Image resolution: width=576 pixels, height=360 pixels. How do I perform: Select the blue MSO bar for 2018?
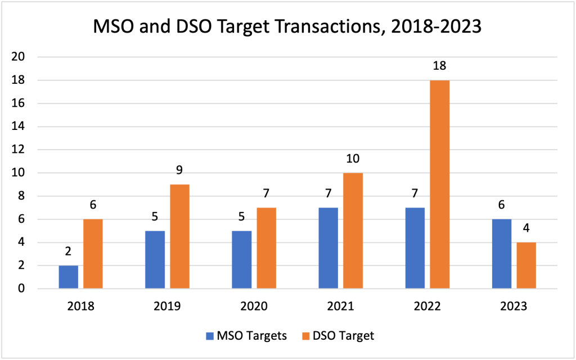pos(69,277)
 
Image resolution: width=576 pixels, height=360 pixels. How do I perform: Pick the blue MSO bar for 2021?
pos(328,248)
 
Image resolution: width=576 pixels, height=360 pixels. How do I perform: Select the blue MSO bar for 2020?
pos(242,260)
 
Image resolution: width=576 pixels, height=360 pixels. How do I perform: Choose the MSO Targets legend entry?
pos(246,336)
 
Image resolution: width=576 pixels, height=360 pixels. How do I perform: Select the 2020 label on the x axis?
pos(253,307)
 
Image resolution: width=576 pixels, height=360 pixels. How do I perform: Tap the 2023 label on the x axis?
pos(513,307)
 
